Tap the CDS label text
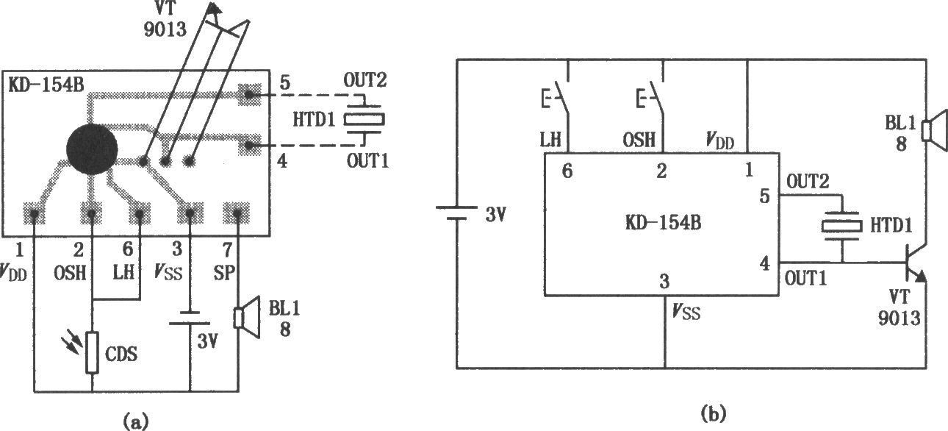tap(121, 354)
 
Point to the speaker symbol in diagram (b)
tap(930, 131)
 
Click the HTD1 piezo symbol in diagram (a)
tap(365, 119)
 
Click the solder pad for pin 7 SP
tap(238, 214)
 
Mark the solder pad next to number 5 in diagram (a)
tap(250, 93)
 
